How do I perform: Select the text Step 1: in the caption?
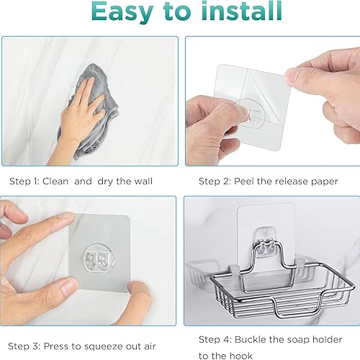24,181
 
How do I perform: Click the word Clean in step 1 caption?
55,181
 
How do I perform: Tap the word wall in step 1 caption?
143,181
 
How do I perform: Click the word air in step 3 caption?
150,346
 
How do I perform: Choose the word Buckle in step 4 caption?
251,340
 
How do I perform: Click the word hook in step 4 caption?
240,356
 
